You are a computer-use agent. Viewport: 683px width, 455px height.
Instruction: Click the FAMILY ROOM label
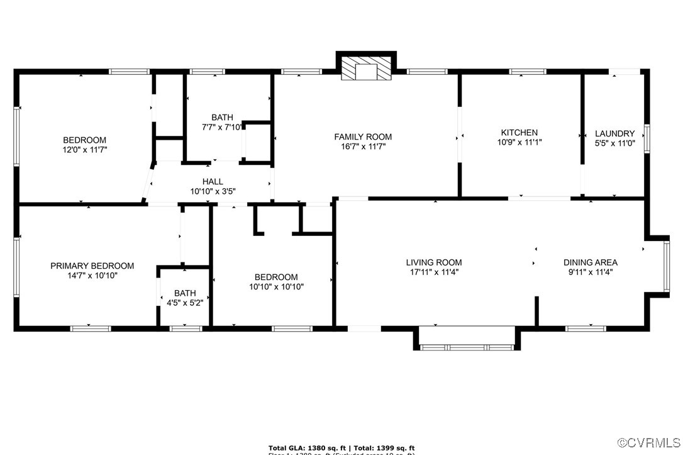pyautogui.click(x=362, y=137)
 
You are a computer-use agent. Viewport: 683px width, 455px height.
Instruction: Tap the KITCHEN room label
pyautogui.click(x=519, y=132)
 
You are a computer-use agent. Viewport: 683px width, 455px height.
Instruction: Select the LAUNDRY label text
pyautogui.click(x=614, y=133)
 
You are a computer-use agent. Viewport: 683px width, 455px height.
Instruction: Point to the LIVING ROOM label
pyautogui.click(x=433, y=262)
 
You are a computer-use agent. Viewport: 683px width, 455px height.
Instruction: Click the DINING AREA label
pyautogui.click(x=590, y=262)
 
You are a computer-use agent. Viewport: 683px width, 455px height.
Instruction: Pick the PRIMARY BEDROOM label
pyautogui.click(x=92, y=266)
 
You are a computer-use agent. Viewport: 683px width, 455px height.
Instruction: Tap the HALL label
pyautogui.click(x=213, y=181)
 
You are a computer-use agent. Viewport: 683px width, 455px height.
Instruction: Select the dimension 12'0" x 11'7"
pyautogui.click(x=84, y=150)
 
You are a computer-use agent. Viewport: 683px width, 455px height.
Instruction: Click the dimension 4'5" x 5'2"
pyautogui.click(x=184, y=303)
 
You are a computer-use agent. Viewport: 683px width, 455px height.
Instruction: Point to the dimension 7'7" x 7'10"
pyautogui.click(x=222, y=127)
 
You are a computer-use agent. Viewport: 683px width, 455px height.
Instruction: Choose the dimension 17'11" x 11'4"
pyautogui.click(x=433, y=272)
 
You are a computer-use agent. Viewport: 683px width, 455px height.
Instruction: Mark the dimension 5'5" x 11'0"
pyautogui.click(x=614, y=143)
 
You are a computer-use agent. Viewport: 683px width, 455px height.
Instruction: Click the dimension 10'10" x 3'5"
pyautogui.click(x=213, y=191)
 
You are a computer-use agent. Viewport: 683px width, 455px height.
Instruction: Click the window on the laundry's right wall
pyautogui.click(x=647, y=136)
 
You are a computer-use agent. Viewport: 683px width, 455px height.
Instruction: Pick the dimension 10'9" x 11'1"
pyautogui.click(x=519, y=142)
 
